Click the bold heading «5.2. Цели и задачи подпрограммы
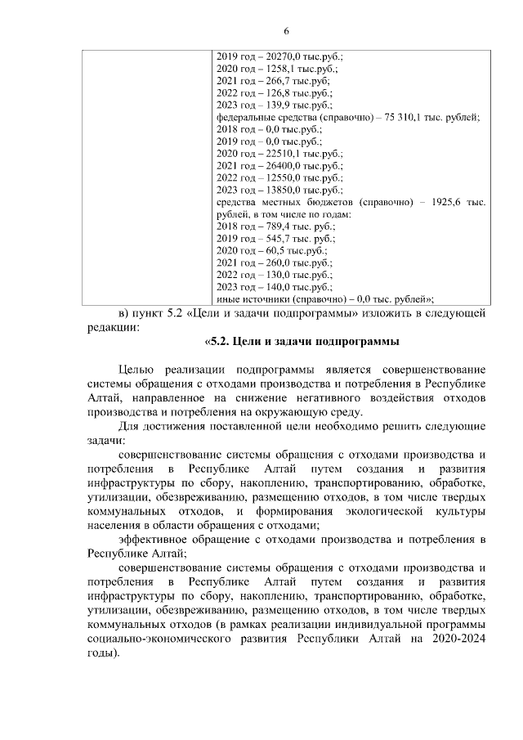tap(302, 341)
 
